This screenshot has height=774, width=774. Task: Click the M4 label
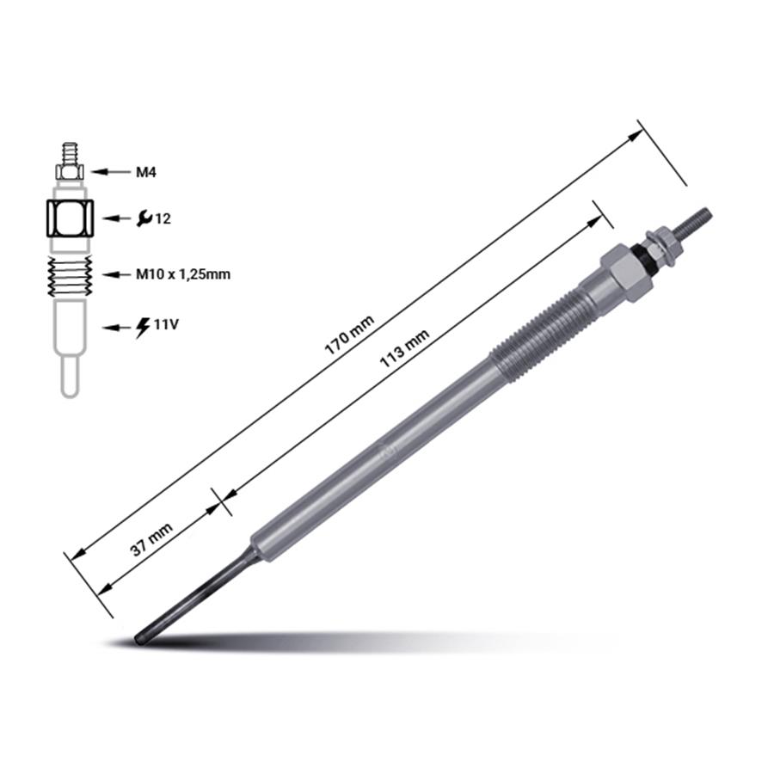pos(146,172)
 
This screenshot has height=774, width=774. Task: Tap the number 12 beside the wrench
pos(163,218)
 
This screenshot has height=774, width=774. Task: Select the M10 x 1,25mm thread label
pos(183,274)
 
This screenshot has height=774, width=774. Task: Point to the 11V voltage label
pos(166,324)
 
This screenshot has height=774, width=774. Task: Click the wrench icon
pos(144,218)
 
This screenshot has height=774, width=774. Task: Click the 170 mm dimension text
pos(349,335)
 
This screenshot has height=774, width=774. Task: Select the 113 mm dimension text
pos(404,348)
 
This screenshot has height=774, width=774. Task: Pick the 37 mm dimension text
pos(151,539)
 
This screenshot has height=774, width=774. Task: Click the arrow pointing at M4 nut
pos(109,172)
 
